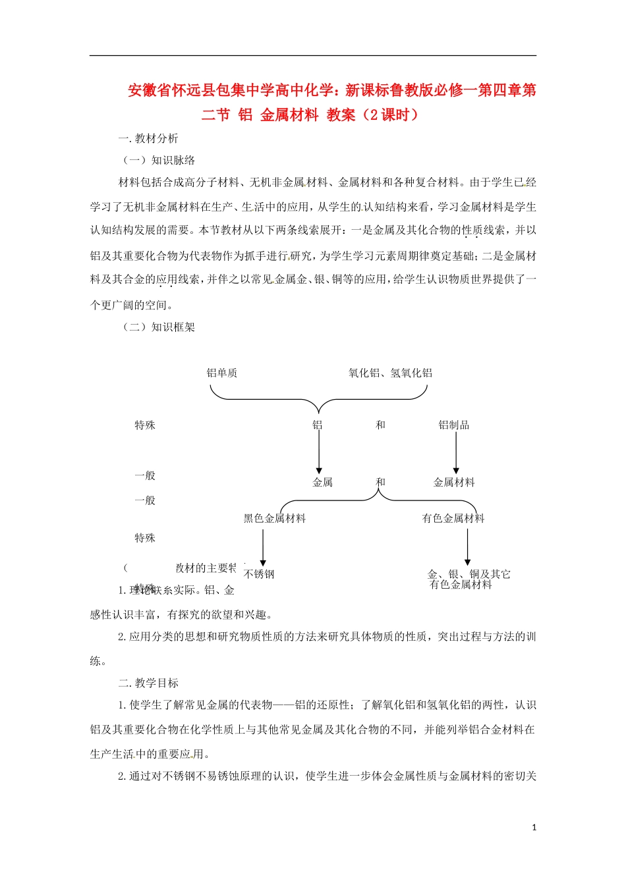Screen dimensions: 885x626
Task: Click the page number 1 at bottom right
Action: point(534,827)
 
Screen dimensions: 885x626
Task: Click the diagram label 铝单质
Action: point(221,373)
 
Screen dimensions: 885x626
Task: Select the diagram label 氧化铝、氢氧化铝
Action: point(390,373)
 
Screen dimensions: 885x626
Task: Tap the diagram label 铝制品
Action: point(454,425)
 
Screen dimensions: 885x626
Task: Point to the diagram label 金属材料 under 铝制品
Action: point(454,483)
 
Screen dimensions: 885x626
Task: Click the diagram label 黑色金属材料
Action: point(275,519)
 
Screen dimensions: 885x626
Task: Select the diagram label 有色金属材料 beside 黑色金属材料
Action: point(453,519)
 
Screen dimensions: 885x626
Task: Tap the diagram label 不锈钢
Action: point(259,574)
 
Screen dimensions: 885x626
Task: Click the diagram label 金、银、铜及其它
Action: point(469,574)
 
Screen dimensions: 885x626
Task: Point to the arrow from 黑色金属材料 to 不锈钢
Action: point(263,547)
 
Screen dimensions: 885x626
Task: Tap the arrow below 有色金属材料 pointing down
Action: point(467,547)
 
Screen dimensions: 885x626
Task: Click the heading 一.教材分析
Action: point(148,138)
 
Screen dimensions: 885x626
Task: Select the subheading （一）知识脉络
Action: point(159,160)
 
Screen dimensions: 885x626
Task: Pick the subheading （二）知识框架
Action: point(159,327)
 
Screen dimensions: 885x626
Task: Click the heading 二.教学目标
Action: point(148,683)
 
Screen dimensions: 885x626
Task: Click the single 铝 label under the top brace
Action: point(318,425)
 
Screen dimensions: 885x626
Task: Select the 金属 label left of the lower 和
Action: point(322,483)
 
